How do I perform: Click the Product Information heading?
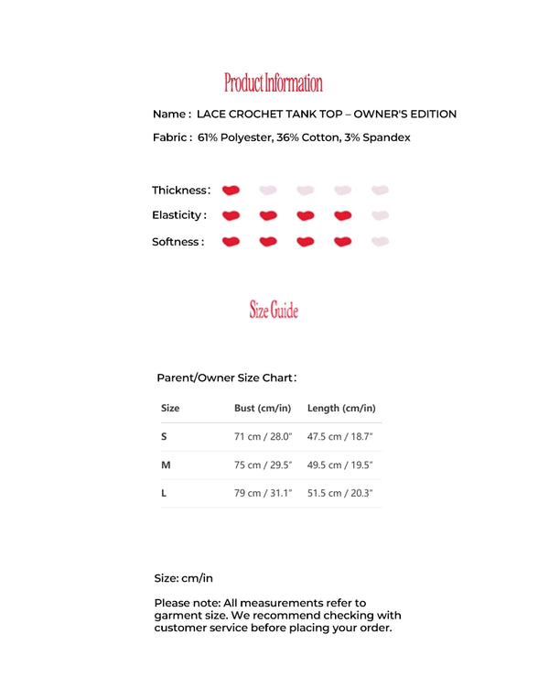274,83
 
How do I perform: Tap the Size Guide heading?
274,311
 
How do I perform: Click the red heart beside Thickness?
231,191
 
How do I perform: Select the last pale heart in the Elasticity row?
381,216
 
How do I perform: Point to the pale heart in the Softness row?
381,242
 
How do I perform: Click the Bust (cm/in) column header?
263,408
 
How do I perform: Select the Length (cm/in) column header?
341,408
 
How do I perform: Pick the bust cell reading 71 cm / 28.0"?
263,436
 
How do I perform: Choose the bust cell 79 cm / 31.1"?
263,493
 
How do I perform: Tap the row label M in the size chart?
166,465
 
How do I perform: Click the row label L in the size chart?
164,493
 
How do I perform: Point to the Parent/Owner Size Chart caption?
226,377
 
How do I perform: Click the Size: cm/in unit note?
183,578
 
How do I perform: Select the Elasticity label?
178,216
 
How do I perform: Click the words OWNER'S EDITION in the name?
404,115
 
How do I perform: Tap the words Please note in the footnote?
187,603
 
